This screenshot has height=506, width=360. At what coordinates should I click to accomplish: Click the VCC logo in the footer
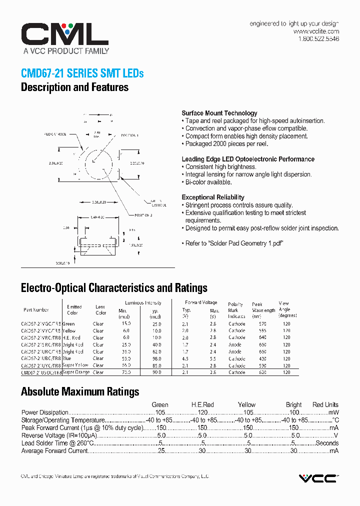click(x=318, y=478)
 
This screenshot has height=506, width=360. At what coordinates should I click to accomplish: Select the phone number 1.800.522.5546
click(x=318, y=39)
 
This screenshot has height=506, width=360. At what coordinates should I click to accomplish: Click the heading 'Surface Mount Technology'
click(x=219, y=113)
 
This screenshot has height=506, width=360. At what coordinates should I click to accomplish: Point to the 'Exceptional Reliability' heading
click(x=212, y=197)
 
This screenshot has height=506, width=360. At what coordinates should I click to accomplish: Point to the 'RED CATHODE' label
click(x=55, y=134)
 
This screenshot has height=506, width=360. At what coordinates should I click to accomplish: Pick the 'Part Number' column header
click(x=36, y=310)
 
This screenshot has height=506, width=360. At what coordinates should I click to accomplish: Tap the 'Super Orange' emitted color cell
click(x=76, y=372)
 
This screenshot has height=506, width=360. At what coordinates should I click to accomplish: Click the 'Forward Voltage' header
click(x=200, y=302)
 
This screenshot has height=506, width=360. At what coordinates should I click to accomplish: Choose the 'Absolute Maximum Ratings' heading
click(x=80, y=391)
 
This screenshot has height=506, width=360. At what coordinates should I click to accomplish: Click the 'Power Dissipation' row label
click(x=45, y=412)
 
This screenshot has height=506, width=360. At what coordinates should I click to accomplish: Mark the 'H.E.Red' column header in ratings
click(x=202, y=404)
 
